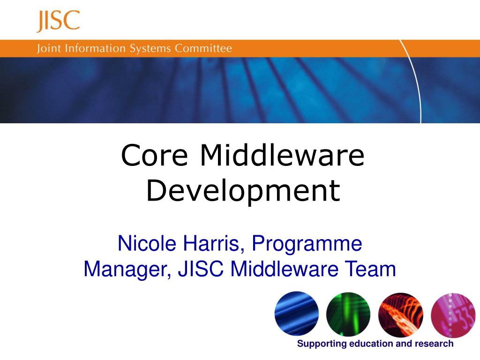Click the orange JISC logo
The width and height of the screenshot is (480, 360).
pyautogui.click(x=58, y=21)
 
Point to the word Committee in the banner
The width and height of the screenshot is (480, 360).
pyautogui.click(x=204, y=49)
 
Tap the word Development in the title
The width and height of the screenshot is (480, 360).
pyautogui.click(x=243, y=191)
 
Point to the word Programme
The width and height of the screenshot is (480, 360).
pyautogui.click(x=307, y=244)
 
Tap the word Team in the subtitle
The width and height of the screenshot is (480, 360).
pyautogui.click(x=370, y=270)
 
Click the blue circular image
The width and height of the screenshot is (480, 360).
pyautogui.click(x=297, y=314)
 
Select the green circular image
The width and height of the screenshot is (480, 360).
pyautogui.click(x=348, y=314)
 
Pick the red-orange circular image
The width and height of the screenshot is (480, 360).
pyautogui.click(x=400, y=314)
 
